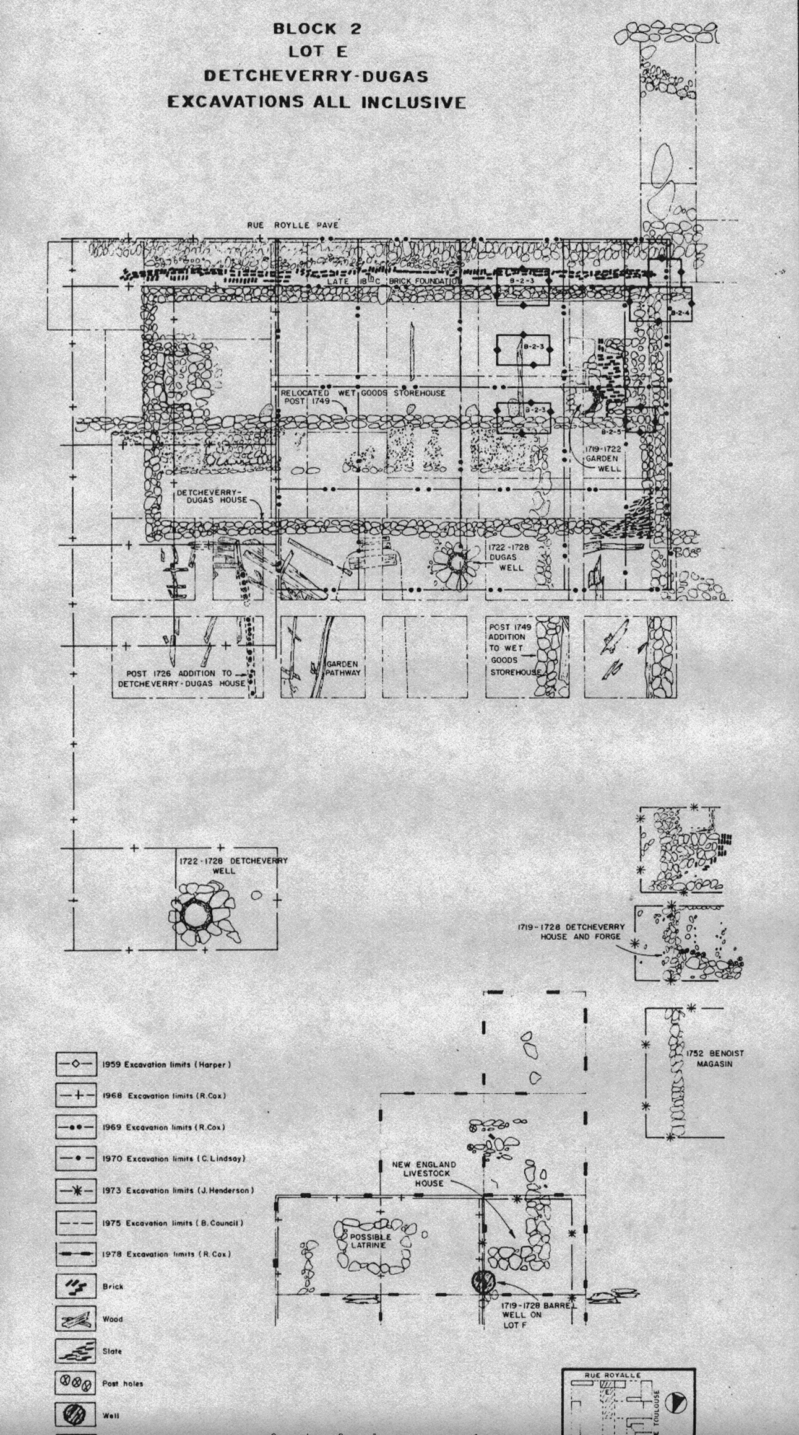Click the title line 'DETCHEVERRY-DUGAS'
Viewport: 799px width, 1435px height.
tap(316, 76)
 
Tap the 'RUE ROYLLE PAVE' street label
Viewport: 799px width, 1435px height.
tap(293, 225)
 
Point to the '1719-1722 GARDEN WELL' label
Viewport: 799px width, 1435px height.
tap(603, 457)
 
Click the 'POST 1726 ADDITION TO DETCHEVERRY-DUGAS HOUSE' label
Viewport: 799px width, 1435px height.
tap(183, 678)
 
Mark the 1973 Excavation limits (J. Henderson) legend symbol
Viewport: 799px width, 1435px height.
tap(76, 1190)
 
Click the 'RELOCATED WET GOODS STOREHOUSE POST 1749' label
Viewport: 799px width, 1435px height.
tap(362, 396)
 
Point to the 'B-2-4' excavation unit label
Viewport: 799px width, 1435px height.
tap(681, 313)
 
